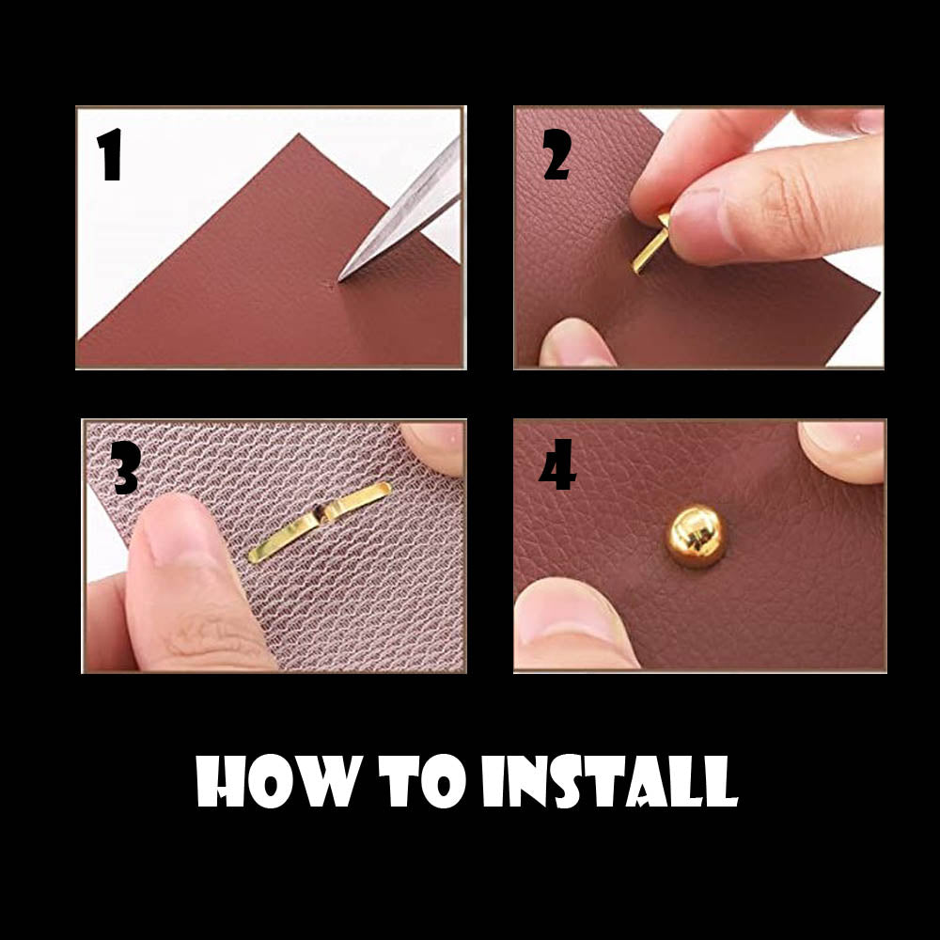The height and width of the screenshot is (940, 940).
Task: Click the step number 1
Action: [110, 154]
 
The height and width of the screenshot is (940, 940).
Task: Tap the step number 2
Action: [556, 154]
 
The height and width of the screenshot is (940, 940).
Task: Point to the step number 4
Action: [557, 464]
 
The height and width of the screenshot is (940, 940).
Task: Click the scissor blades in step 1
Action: [400, 210]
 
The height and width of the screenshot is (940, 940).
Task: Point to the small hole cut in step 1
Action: [329, 285]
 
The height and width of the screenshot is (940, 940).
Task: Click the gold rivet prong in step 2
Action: [650, 243]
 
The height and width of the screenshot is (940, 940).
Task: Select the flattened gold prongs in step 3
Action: [320, 523]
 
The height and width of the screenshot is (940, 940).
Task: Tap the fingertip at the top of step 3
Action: [432, 446]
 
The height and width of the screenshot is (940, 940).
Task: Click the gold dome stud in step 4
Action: [696, 536]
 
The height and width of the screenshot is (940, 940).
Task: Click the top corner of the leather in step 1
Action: [299, 134]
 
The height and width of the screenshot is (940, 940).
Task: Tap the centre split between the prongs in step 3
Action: [321, 514]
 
